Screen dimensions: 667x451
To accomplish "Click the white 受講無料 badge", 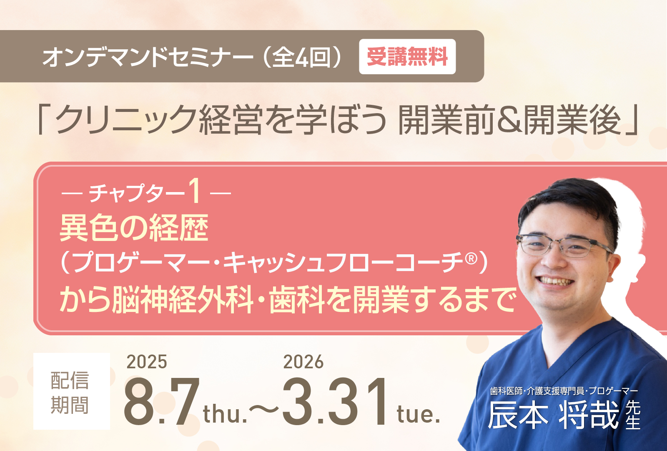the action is [x=407, y=56].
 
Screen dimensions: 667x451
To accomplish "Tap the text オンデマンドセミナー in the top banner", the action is [x=148, y=57].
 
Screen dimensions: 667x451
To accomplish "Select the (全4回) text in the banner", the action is [x=302, y=57].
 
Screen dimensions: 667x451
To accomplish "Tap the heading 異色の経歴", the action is [x=134, y=228].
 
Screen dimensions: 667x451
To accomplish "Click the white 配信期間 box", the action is [x=71, y=391].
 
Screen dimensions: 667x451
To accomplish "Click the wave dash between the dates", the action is [x=264, y=409].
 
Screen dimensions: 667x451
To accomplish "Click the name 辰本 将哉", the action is [x=554, y=415].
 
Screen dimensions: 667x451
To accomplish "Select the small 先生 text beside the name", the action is [x=633, y=415].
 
